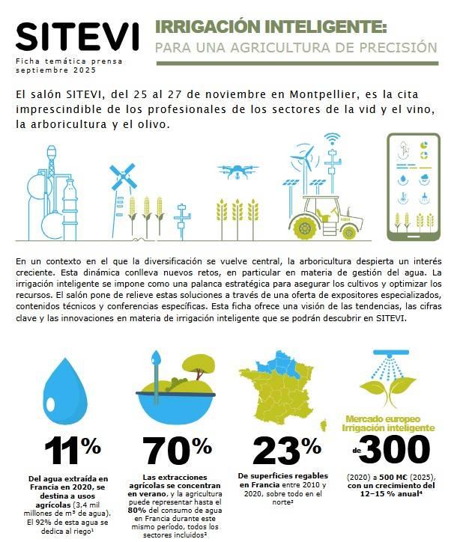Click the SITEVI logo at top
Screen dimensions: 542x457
tap(77, 36)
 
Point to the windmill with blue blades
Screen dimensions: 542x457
tap(121, 178)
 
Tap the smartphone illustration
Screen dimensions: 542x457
tap(412, 183)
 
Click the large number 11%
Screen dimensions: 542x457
tap(72, 451)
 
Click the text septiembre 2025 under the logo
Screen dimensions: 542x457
tap(50, 69)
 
